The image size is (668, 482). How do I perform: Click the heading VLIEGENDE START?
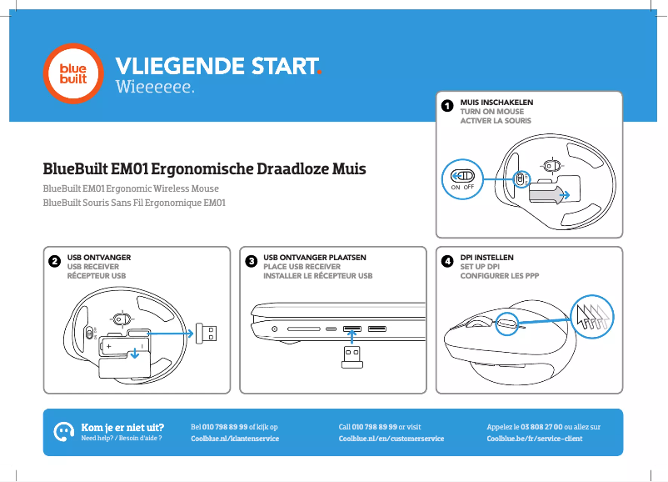218,66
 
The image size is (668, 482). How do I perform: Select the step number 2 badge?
54,262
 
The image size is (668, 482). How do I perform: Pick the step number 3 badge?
251,262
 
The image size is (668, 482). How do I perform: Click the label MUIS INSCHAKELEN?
496,102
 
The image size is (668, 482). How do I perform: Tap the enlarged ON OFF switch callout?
462,178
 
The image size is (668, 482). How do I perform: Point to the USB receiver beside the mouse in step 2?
205,334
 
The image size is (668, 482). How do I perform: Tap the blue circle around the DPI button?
507,324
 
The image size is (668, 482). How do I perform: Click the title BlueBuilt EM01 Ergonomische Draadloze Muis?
205,170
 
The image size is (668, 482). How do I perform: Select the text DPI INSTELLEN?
487,258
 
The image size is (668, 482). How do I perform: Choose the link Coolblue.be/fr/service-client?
534,438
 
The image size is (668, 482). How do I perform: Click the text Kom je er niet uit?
122,426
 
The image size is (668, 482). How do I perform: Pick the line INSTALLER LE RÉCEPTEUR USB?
317,276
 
